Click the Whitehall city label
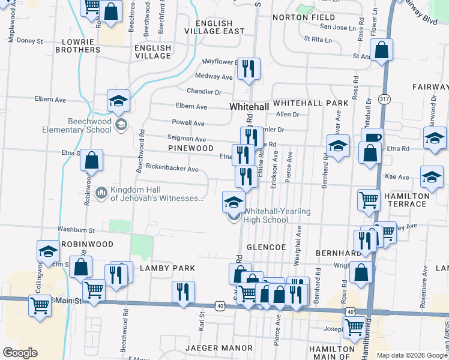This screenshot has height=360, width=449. (x=249, y=106)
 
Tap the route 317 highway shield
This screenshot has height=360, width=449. (x=384, y=98)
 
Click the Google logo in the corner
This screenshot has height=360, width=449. (x=20, y=353)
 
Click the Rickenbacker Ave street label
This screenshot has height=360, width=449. (x=172, y=169)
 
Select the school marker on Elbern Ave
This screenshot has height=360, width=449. (x=119, y=100)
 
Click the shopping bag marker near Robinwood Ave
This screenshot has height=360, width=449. (x=91, y=160)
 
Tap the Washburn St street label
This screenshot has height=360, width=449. (x=76, y=229)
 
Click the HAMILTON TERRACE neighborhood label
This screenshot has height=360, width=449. (x=407, y=200)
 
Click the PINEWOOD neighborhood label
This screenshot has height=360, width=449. (x=191, y=148)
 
